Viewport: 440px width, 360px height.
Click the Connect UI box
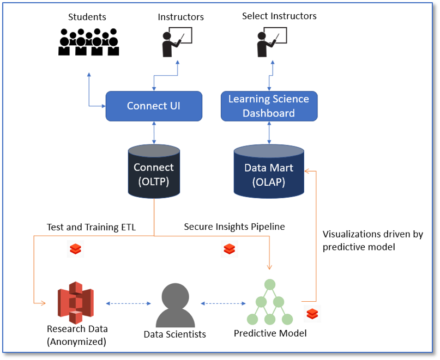tap(154, 106)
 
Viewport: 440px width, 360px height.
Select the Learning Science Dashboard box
tap(269, 106)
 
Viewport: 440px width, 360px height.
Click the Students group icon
tap(88, 42)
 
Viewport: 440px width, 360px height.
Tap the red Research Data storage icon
tap(76, 302)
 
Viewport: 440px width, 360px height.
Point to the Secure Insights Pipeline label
tap(234, 227)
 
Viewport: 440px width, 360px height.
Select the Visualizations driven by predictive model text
tap(372, 240)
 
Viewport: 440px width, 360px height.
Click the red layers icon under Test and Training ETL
tap(75, 248)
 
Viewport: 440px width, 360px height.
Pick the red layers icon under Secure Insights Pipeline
tap(229, 248)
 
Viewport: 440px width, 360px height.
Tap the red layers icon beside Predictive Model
tap(312, 314)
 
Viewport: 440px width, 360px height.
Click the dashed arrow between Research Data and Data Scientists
tap(128, 303)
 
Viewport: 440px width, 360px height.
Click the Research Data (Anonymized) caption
tap(77, 335)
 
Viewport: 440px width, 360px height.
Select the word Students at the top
tap(87, 17)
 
